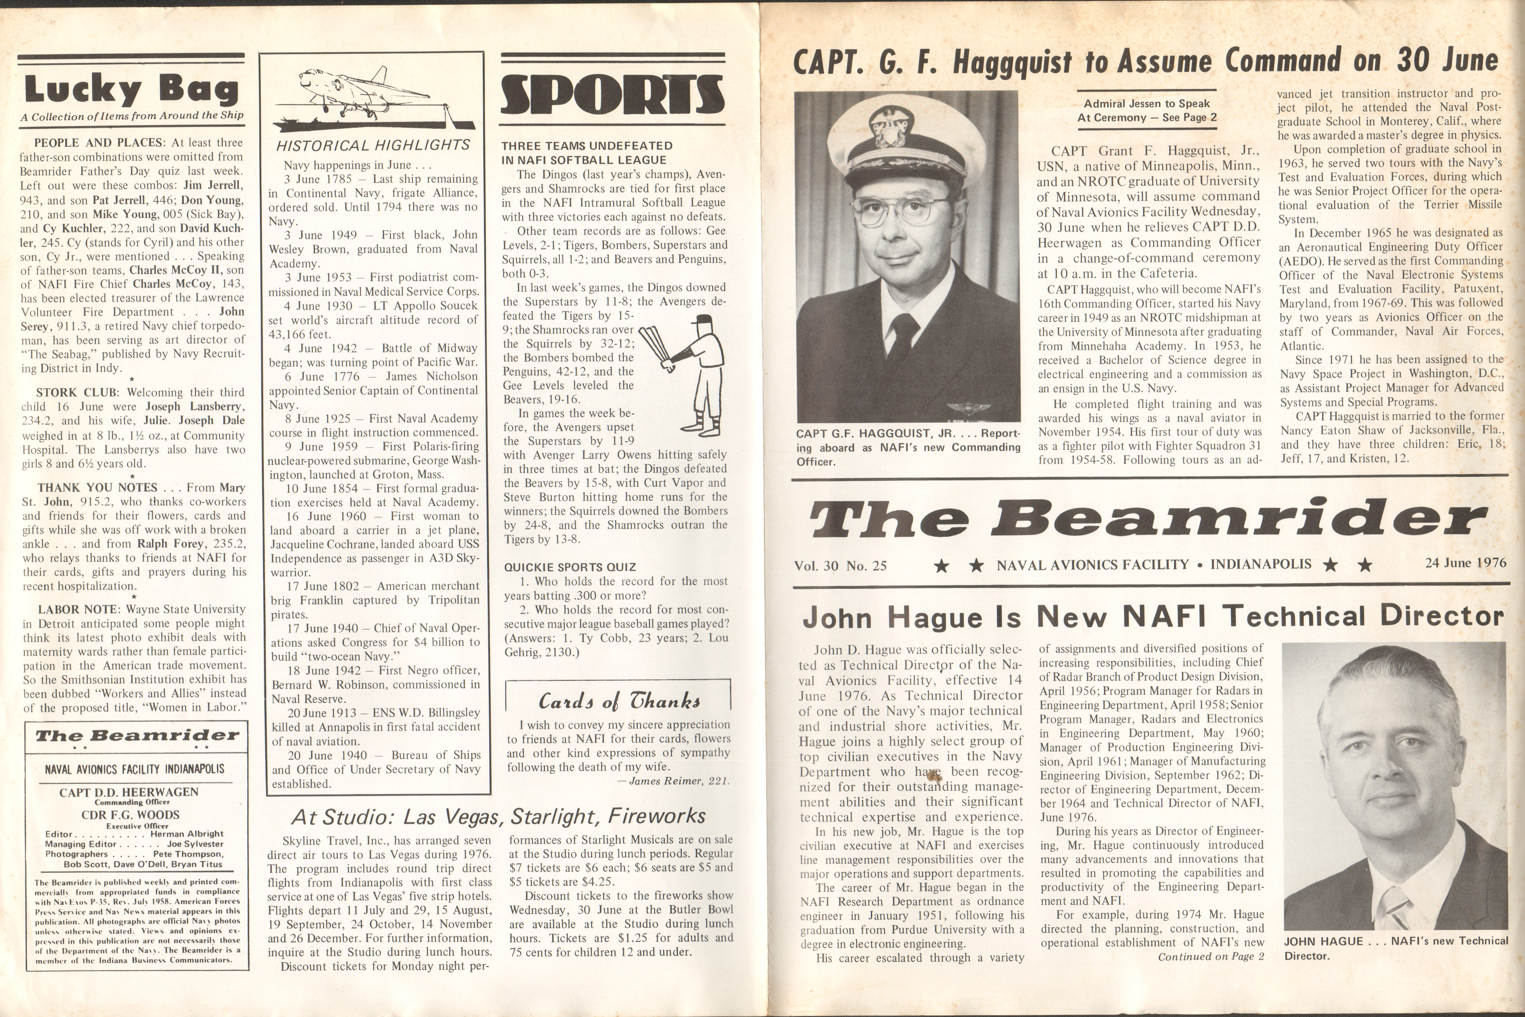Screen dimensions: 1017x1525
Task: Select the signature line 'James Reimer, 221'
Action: pos(678,781)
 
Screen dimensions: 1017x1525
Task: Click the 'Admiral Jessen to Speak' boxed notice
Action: pos(1147,110)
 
